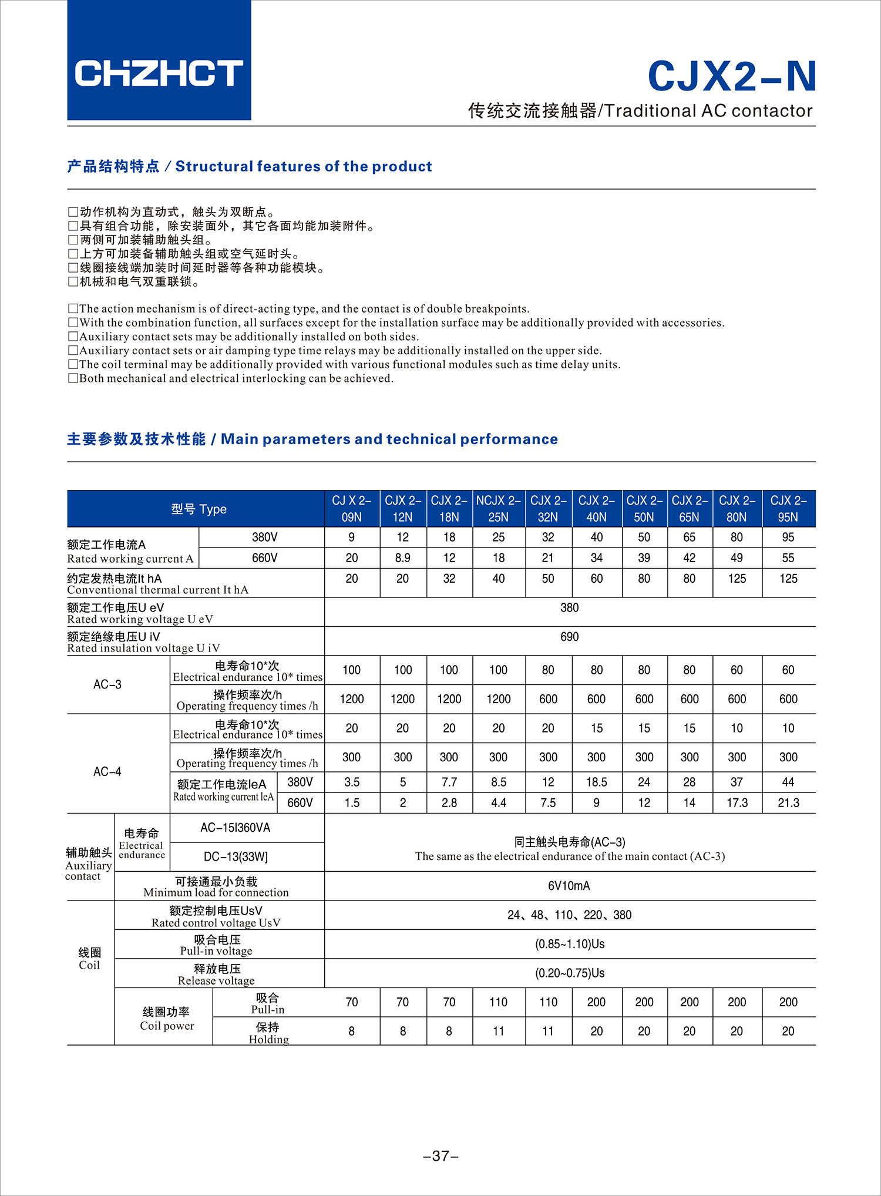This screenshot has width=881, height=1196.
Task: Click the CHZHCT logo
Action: coord(159,73)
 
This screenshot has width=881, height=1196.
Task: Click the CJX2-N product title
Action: coord(731,76)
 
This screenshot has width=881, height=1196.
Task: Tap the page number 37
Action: coord(441,1156)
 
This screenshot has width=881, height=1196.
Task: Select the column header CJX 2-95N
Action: coord(788,509)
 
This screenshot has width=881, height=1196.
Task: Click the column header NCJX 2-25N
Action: coord(498,509)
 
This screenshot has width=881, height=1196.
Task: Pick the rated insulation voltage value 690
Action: coord(569,637)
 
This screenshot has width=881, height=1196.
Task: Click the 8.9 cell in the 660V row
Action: coord(402,558)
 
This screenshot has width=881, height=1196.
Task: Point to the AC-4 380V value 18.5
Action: coord(596,782)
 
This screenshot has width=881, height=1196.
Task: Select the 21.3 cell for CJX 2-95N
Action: coord(788,803)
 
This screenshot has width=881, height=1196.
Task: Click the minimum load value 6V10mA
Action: coord(569,886)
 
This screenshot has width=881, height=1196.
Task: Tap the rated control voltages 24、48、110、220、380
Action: coord(569,915)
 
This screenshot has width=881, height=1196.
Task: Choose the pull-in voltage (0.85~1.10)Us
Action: coord(569,944)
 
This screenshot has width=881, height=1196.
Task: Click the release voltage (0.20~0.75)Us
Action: coord(569,973)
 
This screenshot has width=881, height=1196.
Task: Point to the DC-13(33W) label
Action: coord(236,857)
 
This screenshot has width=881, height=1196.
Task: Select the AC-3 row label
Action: coord(107,685)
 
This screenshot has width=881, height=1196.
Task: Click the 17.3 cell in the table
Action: coord(737,803)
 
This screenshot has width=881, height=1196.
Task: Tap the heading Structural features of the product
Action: coord(304,167)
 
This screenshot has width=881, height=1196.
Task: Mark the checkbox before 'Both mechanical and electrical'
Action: coord(73,378)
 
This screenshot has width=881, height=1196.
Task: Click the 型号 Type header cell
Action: coord(199,509)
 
